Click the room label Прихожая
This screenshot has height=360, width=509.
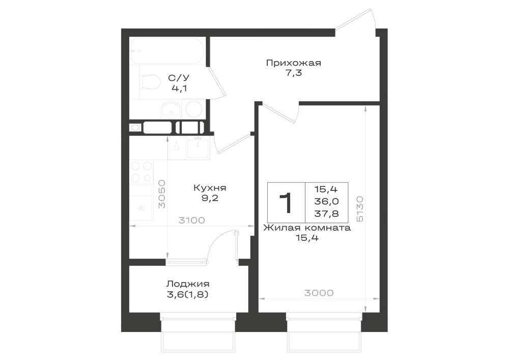click(294, 63)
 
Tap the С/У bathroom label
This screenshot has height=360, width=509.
click(179, 78)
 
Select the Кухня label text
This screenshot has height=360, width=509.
click(210, 187)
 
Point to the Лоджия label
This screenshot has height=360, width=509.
click(188, 284)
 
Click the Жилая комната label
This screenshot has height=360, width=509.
click(307, 228)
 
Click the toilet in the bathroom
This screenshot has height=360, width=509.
click(150, 82)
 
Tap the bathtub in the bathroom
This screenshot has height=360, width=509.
click(167, 51)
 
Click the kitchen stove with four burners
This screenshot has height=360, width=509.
click(141, 172)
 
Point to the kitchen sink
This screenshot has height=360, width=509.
click(199, 148)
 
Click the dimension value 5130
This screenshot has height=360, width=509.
click(360, 209)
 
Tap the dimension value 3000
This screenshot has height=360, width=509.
click(319, 293)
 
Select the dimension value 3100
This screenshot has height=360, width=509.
click(192, 220)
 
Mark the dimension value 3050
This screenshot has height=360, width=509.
click(162, 194)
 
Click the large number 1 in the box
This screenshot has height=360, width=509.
click(286, 203)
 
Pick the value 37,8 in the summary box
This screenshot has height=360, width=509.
click(326, 213)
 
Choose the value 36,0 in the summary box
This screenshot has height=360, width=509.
click(326, 201)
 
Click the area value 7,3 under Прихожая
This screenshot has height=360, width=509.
click(294, 73)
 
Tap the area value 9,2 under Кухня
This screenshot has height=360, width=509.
click(210, 198)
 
